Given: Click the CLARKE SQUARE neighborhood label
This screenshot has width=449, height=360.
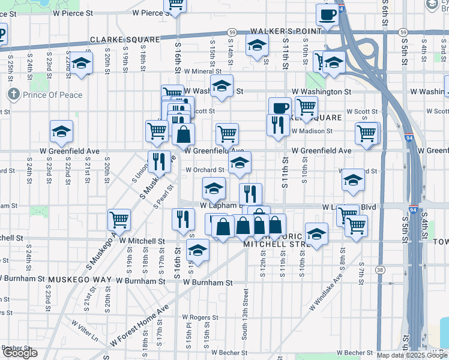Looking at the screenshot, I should pyautogui.click(x=125, y=40).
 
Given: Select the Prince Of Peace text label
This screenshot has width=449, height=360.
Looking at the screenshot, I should pyautogui.click(x=52, y=94).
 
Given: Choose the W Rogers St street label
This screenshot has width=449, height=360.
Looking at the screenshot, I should pyautogui.click(x=200, y=317).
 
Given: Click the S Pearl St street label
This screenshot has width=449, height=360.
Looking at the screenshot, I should pyautogui.click(x=163, y=196).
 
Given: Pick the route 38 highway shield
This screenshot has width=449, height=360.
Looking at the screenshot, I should pyautogui.click(x=380, y=271).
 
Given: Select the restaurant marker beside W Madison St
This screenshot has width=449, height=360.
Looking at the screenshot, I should pyautogui.click(x=276, y=126).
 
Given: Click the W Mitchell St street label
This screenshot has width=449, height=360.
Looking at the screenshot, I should pyautogui.click(x=142, y=241).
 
